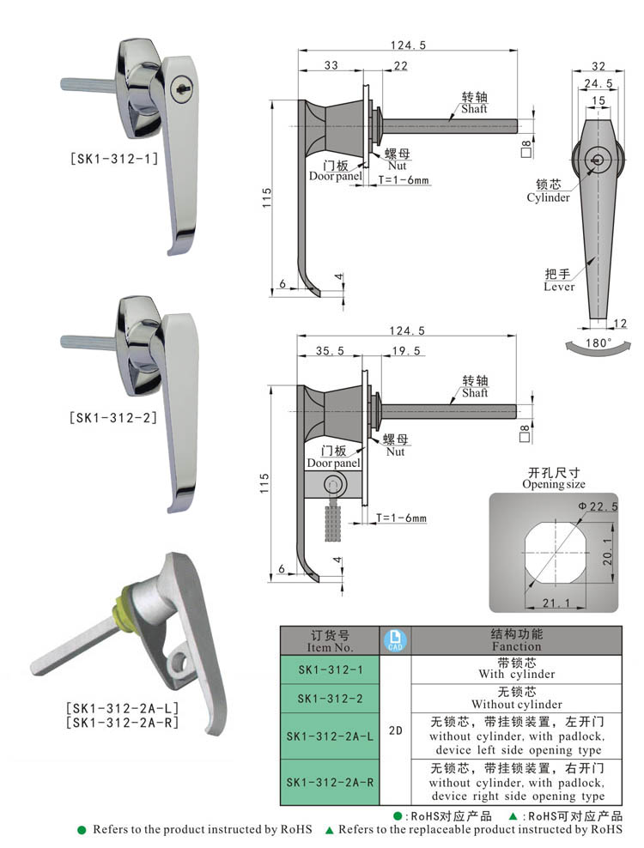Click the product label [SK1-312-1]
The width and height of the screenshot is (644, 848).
tap(113, 158)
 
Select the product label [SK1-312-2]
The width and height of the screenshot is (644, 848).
tap(113, 418)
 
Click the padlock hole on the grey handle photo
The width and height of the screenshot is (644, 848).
tap(181, 663)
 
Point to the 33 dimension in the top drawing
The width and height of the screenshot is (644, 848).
tap(331, 66)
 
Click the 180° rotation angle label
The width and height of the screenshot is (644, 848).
tap(598, 342)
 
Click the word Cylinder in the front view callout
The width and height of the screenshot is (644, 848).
tap(548, 197)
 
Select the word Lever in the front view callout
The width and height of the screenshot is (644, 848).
tap(558, 287)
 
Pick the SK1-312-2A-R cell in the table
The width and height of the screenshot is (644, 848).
tap(330, 782)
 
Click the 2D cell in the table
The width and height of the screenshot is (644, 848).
tap(395, 730)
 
